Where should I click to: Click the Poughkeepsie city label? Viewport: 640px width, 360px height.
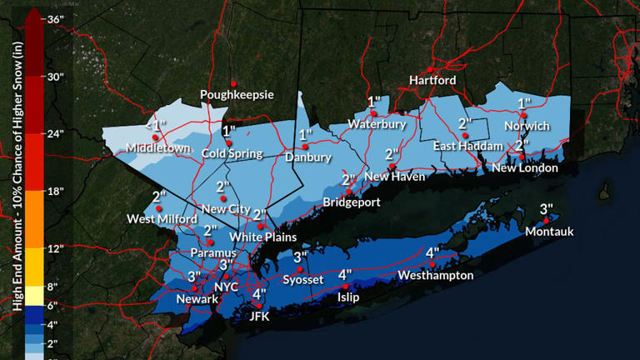pyautogui.click(x=237, y=95)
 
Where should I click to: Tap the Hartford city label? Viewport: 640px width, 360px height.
pyautogui.click(x=432, y=80)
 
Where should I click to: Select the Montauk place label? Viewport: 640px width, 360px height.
pyautogui.click(x=549, y=232)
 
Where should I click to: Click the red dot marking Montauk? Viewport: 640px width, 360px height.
pyautogui.click(x=546, y=221)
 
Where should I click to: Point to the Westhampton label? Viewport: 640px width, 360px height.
pyautogui.click(x=435, y=275)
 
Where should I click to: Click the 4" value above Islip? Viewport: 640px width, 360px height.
pyautogui.click(x=345, y=274)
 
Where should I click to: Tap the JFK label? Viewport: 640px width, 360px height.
pyautogui.click(x=261, y=316)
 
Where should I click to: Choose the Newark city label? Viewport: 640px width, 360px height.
pyautogui.click(x=197, y=298)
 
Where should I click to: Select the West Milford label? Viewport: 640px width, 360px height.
pyautogui.click(x=156, y=219)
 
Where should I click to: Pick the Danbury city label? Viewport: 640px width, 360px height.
pyautogui.click(x=307, y=157)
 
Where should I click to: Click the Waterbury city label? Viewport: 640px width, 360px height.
pyautogui.click(x=376, y=124)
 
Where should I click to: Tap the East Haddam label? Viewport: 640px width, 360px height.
pyautogui.click(x=467, y=146)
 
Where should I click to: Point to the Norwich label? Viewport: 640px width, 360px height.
pyautogui.click(x=527, y=126)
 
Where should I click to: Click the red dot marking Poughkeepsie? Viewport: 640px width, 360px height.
pyautogui.click(x=234, y=83)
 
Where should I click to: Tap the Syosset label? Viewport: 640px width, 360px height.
pyautogui.click(x=302, y=279)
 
